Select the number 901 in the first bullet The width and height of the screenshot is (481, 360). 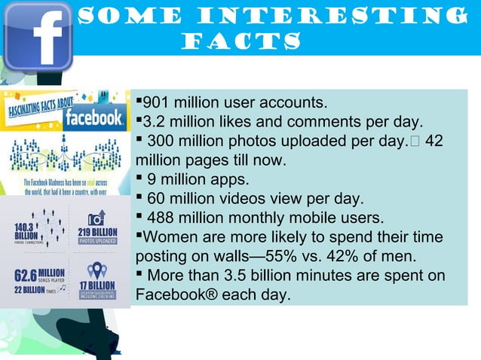coord(157,102)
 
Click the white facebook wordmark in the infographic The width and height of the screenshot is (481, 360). coord(93,117)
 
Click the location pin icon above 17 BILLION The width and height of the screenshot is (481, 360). coord(97,270)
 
